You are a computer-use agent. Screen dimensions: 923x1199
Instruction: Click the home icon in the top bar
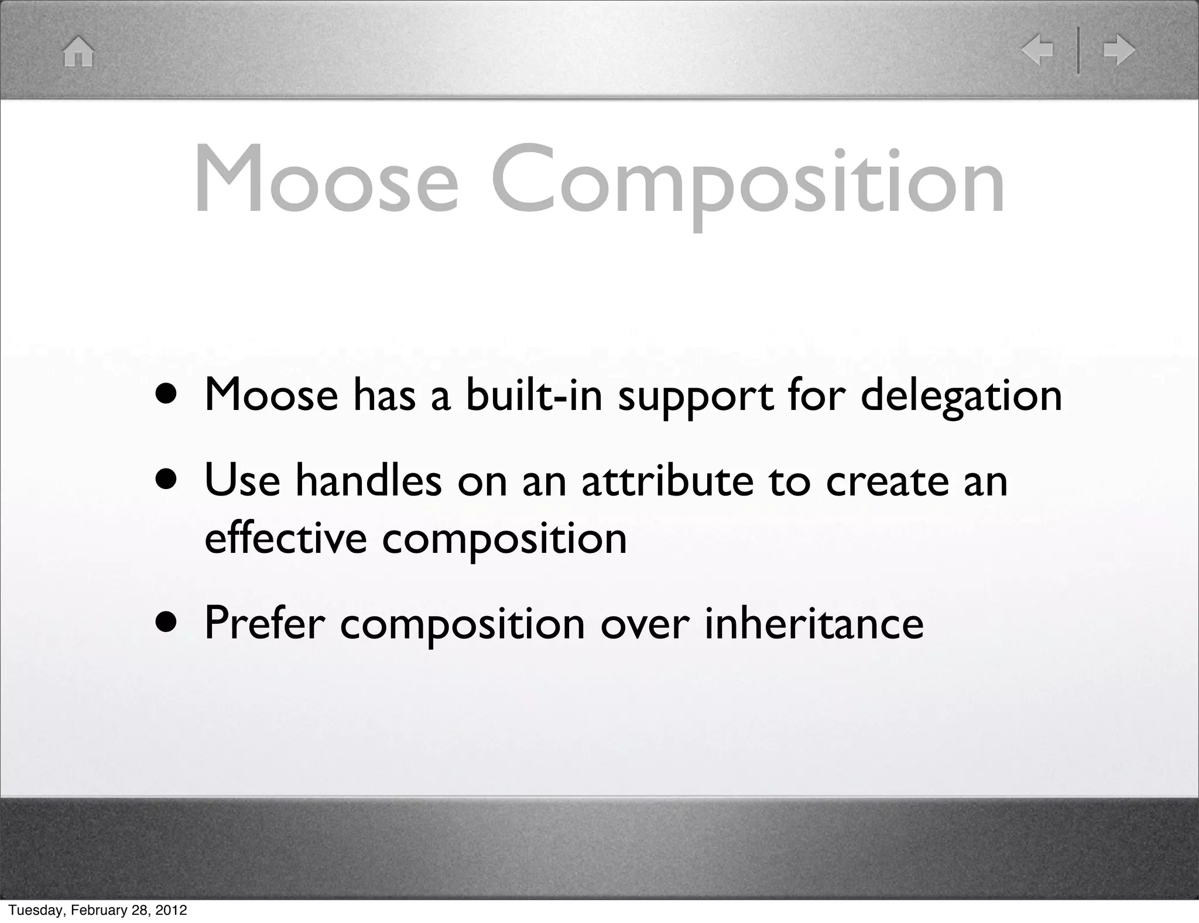tap(78, 52)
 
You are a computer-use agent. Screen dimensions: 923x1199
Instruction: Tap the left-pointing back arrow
tap(1037, 50)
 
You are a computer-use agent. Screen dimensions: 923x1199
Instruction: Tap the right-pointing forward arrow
tap(1119, 50)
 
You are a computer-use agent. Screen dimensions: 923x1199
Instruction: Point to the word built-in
tap(534, 395)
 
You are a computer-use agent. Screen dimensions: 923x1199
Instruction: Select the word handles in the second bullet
tap(368, 481)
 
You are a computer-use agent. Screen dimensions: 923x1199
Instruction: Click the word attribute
tap(667, 481)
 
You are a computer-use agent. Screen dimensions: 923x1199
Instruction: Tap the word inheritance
tap(814, 624)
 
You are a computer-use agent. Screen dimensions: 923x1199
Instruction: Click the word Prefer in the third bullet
tap(264, 624)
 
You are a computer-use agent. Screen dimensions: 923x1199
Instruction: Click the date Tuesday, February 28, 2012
tap(98, 910)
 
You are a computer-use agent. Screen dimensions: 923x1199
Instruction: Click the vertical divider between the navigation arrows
tap(1078, 50)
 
